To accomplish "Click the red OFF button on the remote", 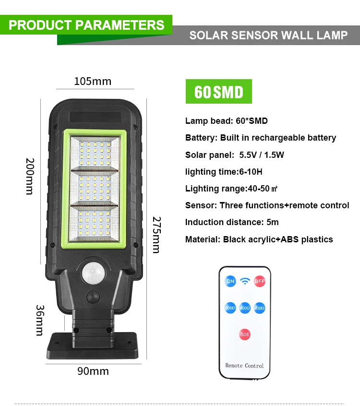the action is [260, 281].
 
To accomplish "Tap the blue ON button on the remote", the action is [230, 281].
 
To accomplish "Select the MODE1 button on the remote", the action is [230, 308].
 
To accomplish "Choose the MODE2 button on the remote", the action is [245, 308].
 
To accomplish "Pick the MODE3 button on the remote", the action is [260, 308].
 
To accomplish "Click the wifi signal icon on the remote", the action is [245, 281].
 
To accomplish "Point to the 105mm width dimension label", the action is [93, 81].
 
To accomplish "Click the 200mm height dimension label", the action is [29, 176].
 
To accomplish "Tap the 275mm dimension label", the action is [156, 235].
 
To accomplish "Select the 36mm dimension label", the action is [39, 321].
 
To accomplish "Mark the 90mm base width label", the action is [93, 371].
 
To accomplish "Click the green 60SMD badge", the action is [218, 92].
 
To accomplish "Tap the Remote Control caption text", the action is [244, 366].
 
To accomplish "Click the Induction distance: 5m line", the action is [232, 222].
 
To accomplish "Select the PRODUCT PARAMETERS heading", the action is [86, 25].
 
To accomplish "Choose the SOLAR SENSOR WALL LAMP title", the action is [268, 36].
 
